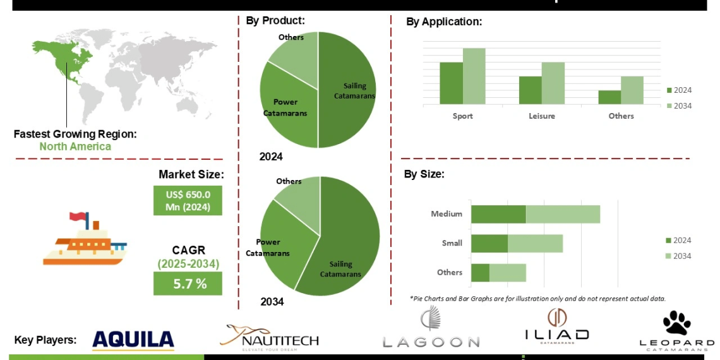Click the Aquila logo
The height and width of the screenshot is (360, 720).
coord(133,340)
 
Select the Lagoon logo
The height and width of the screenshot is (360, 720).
coord(431,328)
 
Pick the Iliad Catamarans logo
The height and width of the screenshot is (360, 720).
coord(556,327)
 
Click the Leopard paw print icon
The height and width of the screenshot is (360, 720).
coord(676,323)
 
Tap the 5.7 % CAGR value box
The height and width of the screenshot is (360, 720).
coord(188,284)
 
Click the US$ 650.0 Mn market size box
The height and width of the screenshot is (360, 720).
coord(188,200)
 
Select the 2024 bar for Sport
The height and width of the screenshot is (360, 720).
coord(451,83)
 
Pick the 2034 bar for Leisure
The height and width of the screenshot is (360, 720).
coord(553,83)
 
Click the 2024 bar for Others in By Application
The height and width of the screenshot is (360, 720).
coord(610,97)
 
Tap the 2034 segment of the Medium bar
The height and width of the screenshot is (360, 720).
coord(563,214)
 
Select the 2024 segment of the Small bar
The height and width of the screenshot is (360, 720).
coord(489,243)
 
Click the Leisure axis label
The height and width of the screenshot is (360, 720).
coord(542,116)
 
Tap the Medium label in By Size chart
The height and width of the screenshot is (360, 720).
coord(447,214)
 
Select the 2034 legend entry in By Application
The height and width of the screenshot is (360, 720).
coord(679,106)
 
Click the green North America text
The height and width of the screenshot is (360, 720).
coord(75,147)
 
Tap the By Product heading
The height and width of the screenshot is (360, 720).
coord(275,20)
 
